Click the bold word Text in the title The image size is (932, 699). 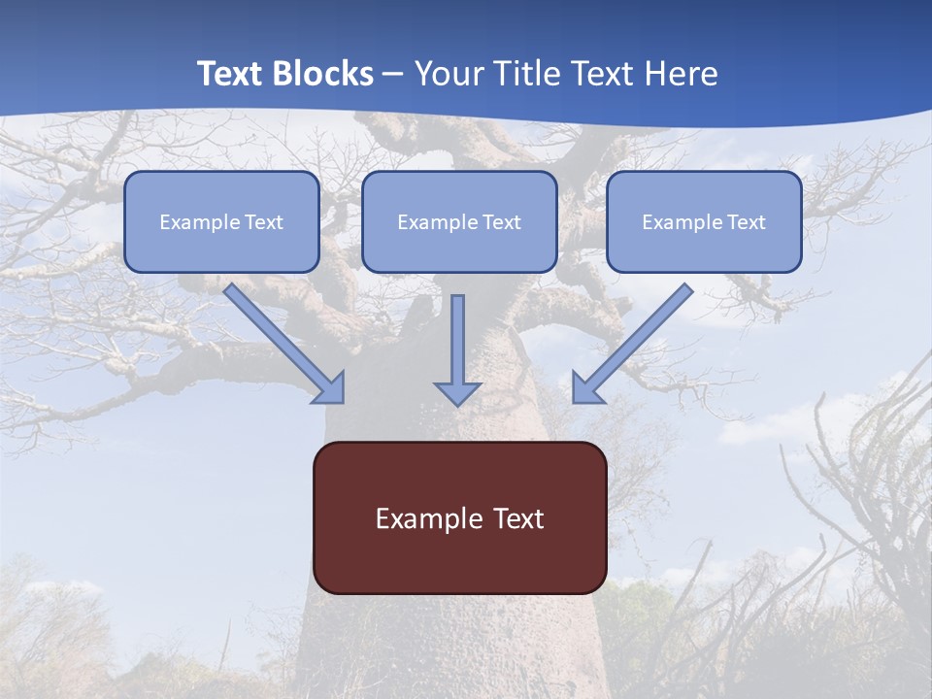coord(229,74)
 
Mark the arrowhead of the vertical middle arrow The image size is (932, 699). coord(457,393)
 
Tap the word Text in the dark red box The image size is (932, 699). coord(516,518)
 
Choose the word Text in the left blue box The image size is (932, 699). coord(264,222)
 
